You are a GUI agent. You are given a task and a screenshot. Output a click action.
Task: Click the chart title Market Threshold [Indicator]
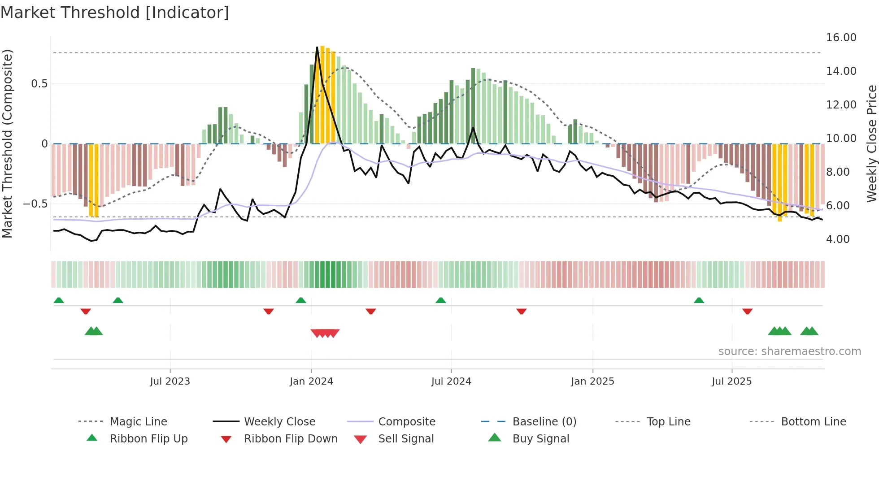115,13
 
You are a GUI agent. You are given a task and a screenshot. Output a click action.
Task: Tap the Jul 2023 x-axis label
170,381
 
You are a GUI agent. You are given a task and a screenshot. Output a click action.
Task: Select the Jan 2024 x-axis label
311,381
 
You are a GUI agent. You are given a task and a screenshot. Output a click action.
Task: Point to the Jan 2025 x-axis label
592,381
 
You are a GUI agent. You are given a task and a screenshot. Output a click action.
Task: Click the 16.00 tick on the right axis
841,38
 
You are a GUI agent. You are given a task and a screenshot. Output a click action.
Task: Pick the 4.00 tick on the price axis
837,239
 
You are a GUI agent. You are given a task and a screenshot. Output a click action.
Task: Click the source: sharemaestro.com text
789,351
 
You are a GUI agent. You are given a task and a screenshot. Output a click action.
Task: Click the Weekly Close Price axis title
871,143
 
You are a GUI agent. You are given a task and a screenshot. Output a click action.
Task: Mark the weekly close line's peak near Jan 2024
317,48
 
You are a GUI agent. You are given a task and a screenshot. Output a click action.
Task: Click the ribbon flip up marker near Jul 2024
440,300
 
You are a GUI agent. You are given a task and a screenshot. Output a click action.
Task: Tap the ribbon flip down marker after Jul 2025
747,311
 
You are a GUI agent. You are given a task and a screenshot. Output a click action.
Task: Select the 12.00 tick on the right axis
841,105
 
